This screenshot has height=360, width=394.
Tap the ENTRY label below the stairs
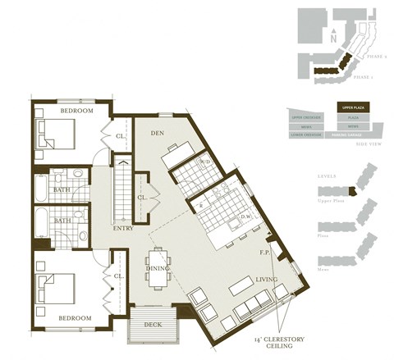coord(123,229)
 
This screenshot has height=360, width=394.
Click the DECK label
coord(153,324)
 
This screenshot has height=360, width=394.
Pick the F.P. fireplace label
coord(264,252)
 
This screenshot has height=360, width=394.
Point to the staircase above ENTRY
coord(122,189)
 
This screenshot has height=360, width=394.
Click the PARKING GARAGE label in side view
coord(350,134)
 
